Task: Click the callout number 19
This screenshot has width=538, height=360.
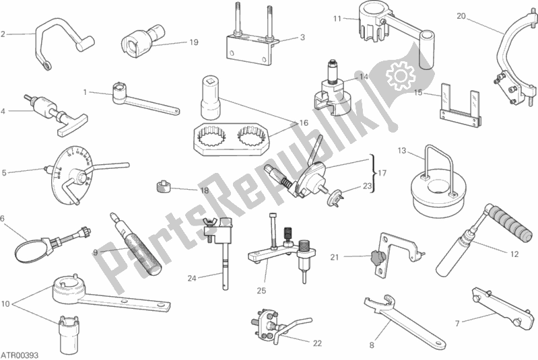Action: (194, 42)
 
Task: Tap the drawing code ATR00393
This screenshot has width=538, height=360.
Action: (20, 355)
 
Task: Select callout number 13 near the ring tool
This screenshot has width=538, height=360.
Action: (402, 151)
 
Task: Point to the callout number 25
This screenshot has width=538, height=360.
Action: (261, 291)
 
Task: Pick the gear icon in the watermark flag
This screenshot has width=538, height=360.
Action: (401, 75)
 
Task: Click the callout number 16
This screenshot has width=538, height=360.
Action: (304, 122)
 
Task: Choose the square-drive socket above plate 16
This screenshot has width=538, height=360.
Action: (211, 97)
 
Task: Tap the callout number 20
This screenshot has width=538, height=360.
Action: (461, 16)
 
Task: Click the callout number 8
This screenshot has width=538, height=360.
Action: (372, 345)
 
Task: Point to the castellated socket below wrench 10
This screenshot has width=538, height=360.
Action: (69, 332)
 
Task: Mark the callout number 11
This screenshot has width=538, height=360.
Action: (337, 19)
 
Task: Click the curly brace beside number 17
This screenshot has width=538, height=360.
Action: (372, 174)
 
